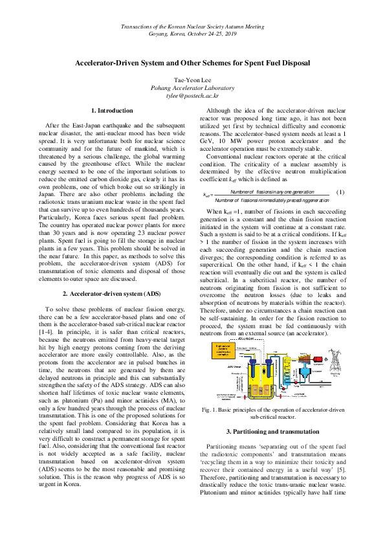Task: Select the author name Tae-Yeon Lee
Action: [192, 80]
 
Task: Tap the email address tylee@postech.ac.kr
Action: [192, 95]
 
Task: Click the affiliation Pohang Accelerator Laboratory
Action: [192, 87]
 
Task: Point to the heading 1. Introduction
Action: [112, 111]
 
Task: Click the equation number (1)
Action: [341, 193]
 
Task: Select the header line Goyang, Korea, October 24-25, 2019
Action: [192, 32]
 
